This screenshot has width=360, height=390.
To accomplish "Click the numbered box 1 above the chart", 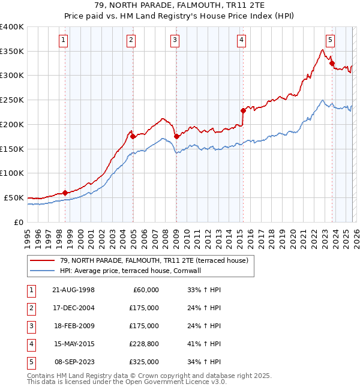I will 63,40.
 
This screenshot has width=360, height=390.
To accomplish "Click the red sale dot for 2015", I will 243,110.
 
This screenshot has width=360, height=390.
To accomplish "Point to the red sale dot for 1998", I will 65,193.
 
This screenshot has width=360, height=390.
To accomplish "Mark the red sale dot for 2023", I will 332,63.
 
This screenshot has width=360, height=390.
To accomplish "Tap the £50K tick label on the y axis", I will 14,197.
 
